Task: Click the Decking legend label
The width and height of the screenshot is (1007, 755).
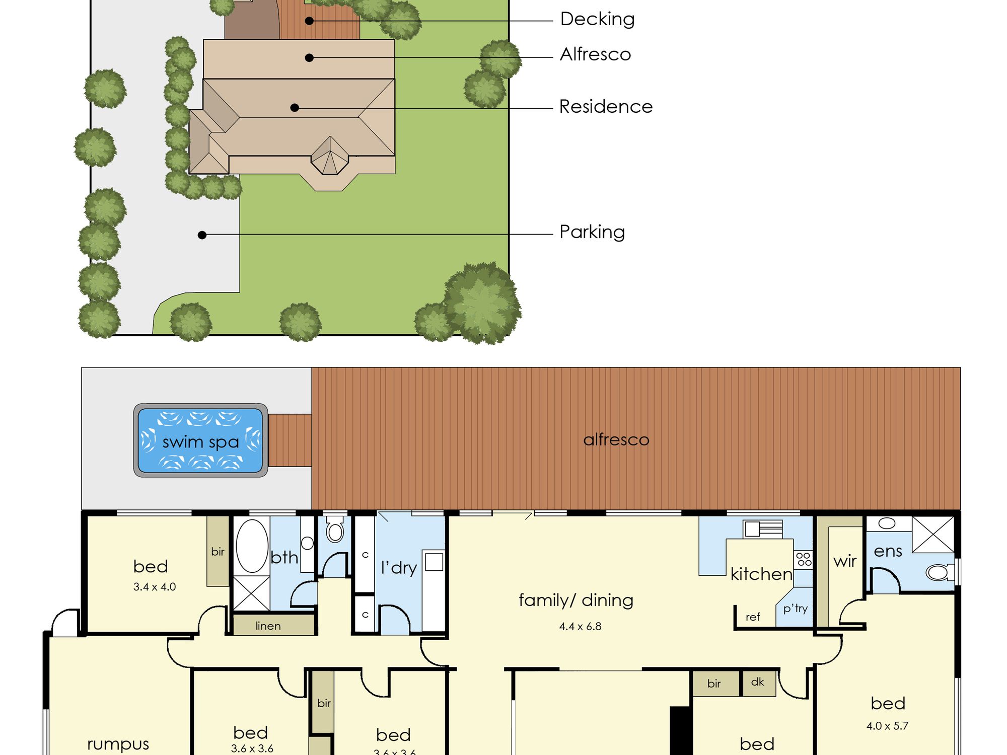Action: [x=597, y=20]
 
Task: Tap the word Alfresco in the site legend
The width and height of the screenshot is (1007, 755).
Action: [x=595, y=54]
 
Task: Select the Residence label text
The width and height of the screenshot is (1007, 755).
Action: [x=606, y=107]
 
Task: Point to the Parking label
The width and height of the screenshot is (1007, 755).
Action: [x=592, y=233]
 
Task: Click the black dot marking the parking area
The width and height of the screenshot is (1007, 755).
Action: [x=202, y=235]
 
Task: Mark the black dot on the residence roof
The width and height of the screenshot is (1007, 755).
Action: [x=295, y=108]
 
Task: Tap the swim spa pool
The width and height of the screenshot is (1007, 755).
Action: [x=200, y=440]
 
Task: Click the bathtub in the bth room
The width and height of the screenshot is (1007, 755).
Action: [x=252, y=546]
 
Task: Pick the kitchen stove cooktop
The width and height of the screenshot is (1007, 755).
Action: [x=804, y=559]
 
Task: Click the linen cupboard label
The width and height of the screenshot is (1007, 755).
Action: [x=268, y=626]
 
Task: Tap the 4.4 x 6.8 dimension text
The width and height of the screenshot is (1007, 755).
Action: [x=580, y=627]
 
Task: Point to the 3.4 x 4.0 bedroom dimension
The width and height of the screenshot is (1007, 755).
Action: [x=155, y=587]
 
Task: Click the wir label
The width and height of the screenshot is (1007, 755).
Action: [x=845, y=561]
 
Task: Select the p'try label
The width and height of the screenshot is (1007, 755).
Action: [x=796, y=609]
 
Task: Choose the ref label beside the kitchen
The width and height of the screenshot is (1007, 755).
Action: [x=753, y=617]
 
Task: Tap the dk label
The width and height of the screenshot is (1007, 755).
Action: [x=757, y=682]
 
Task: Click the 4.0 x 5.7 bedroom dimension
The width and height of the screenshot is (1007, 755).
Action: [x=887, y=726]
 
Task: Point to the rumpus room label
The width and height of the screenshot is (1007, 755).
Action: [x=118, y=744]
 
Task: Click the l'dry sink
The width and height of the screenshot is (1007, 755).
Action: [x=434, y=562]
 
